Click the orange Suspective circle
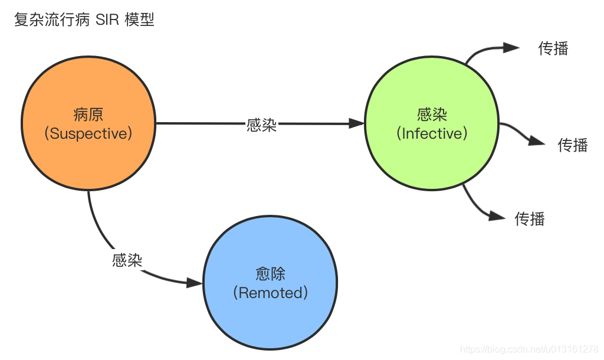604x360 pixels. point(88,124)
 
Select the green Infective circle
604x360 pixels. point(432,124)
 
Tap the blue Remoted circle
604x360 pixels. point(271,283)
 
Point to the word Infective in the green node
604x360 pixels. point(432,134)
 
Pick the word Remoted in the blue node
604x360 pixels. point(271,293)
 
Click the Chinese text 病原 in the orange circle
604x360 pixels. point(88,114)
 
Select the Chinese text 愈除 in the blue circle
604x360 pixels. point(271,274)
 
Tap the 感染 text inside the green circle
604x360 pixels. point(432,114)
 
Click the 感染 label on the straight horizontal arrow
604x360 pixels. point(261,125)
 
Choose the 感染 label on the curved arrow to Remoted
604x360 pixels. point(127,260)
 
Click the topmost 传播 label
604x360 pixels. point(553,48)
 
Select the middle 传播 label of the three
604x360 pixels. point(573,145)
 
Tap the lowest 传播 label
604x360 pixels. point(530,219)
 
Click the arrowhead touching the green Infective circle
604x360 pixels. point(356,124)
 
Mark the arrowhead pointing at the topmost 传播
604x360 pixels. point(511,48)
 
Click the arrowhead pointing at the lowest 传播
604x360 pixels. point(498,216)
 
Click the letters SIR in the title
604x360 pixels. point(107,19)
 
